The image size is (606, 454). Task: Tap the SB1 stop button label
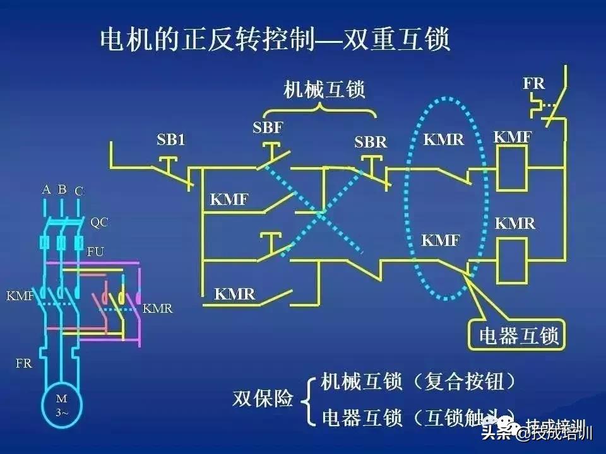171,140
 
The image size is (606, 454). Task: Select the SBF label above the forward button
268,129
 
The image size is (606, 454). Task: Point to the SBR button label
371,143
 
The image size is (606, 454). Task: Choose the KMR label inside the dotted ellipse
444,139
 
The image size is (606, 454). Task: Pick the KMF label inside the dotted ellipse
441,240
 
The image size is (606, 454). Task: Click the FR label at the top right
534,83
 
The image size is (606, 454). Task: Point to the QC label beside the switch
99,222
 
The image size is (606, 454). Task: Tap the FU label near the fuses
95,252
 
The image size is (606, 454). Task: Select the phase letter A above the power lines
46,189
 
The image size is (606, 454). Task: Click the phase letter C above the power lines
79,190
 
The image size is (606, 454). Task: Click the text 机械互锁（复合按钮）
419,381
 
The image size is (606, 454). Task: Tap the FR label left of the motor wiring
24,363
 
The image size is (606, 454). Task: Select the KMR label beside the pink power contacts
157,309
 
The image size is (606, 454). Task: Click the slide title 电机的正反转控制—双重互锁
275,40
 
